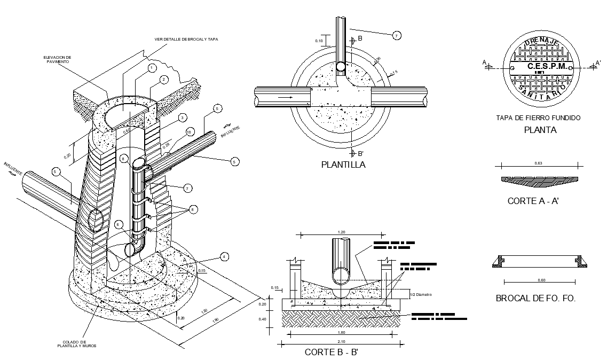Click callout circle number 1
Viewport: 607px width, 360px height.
click(x=152, y=68)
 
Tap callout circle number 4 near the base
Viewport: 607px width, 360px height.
click(x=225, y=257)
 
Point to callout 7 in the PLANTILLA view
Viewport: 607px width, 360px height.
click(x=396, y=36)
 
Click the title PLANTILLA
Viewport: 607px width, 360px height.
click(x=343, y=165)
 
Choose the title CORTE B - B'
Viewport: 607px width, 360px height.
click(x=335, y=352)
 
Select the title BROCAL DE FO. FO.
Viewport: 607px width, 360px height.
click(x=535, y=299)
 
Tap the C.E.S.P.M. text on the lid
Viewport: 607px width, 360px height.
click(x=542, y=66)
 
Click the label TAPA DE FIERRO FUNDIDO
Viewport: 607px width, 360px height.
click(x=538, y=118)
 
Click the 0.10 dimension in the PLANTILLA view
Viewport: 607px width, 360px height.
click(x=319, y=41)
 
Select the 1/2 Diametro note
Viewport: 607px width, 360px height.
click(x=421, y=294)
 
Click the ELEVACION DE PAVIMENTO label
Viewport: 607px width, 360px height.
click(x=58, y=59)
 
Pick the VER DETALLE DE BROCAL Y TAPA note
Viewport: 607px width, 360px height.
click(x=186, y=39)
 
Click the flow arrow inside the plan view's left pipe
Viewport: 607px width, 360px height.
click(x=282, y=98)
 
